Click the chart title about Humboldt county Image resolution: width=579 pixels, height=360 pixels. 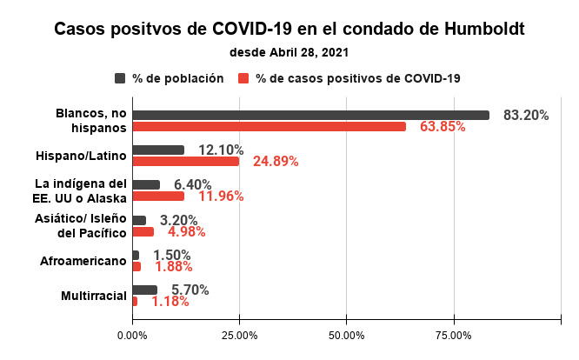pyautogui.click(x=289, y=28)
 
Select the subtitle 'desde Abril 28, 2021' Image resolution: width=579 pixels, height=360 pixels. pyautogui.click(x=289, y=52)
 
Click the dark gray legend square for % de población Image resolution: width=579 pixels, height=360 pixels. pyautogui.click(x=120, y=78)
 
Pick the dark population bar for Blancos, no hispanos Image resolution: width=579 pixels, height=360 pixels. pyautogui.click(x=310, y=115)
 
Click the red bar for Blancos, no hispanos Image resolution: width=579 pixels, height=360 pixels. pyautogui.click(x=269, y=127)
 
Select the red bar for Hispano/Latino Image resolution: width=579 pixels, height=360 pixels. pyautogui.click(x=185, y=162)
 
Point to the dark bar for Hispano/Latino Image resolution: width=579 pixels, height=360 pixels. pyautogui.click(x=158, y=150)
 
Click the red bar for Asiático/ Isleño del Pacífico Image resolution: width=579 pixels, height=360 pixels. pyautogui.click(x=143, y=232)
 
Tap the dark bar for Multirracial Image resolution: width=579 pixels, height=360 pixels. pyautogui.click(x=144, y=290)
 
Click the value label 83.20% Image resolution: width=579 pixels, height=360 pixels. pyautogui.click(x=526, y=115)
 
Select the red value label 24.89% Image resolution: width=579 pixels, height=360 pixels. pyautogui.click(x=276, y=162)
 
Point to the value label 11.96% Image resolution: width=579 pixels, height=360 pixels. pyautogui.click(x=221, y=197)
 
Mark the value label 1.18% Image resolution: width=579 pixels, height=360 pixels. pyautogui.click(x=170, y=302)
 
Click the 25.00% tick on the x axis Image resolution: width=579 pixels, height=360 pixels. pyautogui.click(x=239, y=335)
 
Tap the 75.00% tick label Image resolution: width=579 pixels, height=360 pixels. pyautogui.click(x=454, y=335)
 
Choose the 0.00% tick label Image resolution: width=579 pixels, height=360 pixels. pyautogui.click(x=132, y=335)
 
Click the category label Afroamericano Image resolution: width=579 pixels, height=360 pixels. pyautogui.click(x=84, y=261)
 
